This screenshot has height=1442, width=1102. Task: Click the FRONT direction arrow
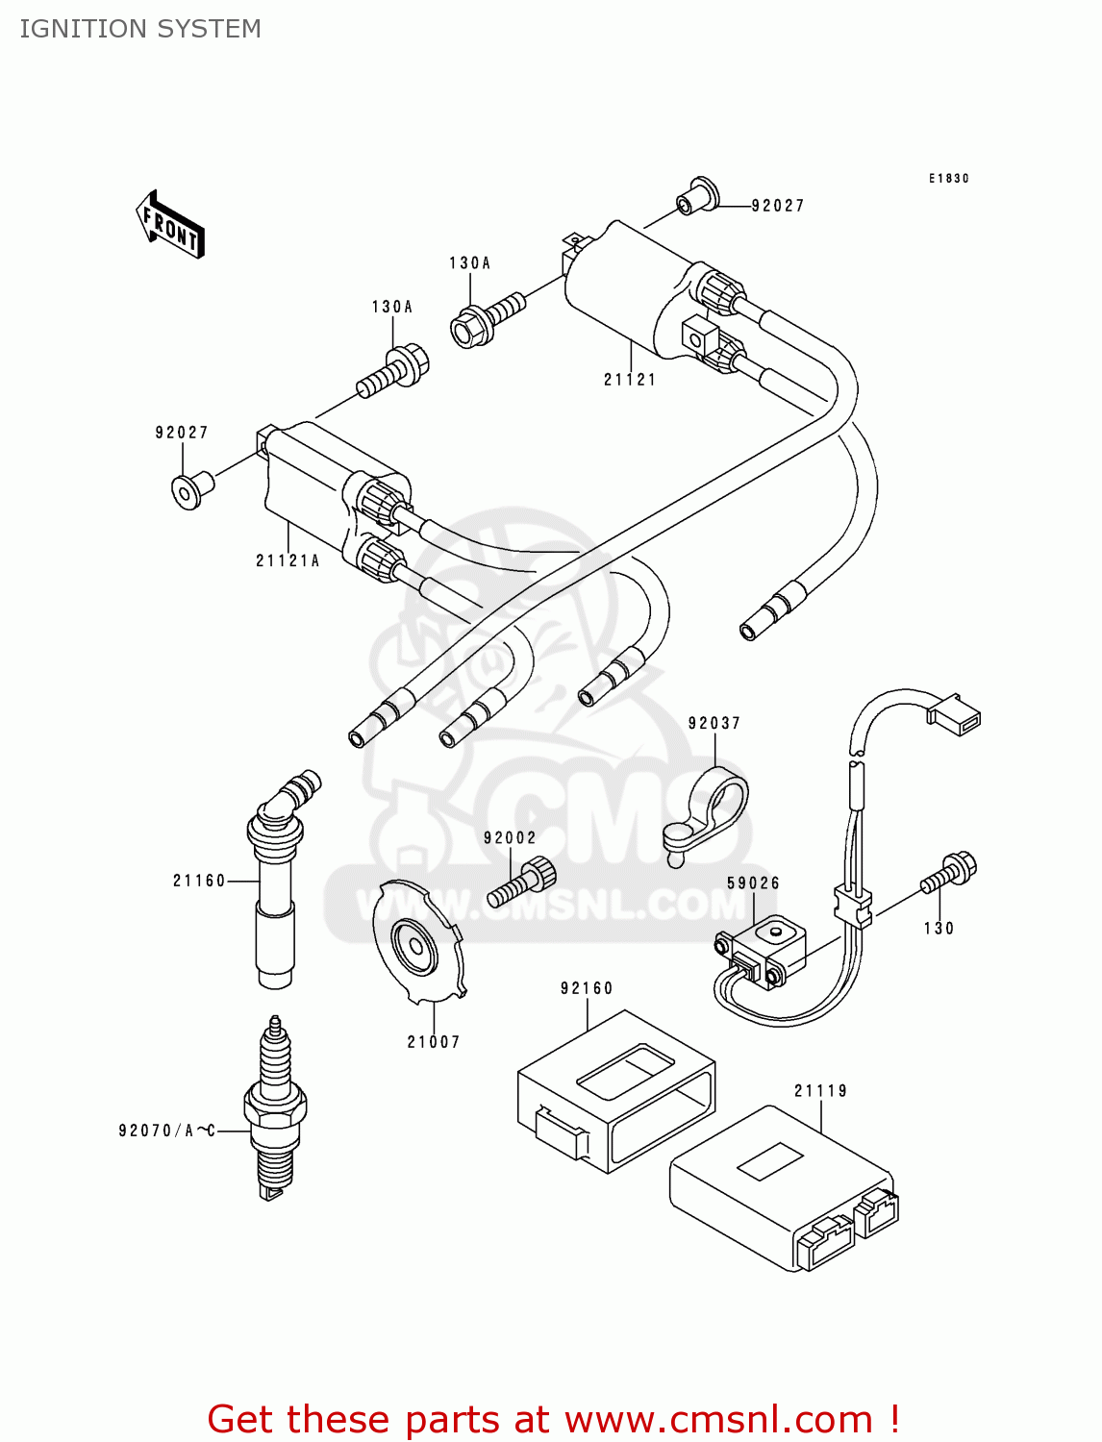coord(171,225)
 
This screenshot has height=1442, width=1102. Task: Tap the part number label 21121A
coord(287,560)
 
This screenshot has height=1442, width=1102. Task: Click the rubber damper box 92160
coord(615,1091)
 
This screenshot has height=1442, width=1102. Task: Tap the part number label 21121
coord(630,380)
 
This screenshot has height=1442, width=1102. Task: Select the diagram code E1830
coord(948,179)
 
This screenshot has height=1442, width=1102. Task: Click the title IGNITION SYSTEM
coord(140,29)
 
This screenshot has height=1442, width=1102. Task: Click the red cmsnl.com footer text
coord(553,1419)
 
